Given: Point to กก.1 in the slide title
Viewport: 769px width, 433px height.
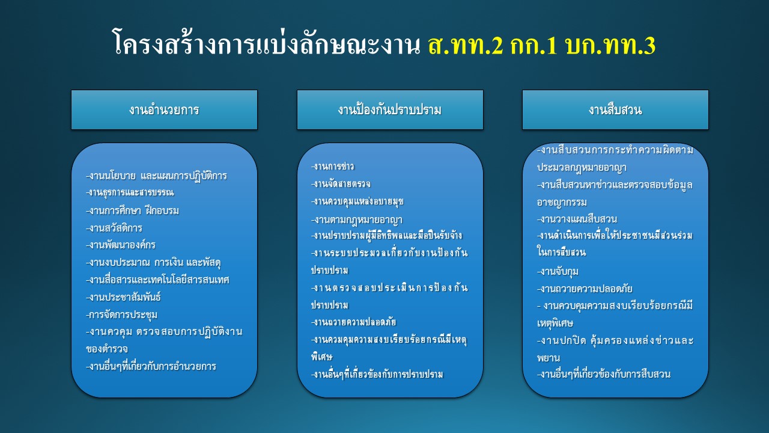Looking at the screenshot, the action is (x=533, y=46).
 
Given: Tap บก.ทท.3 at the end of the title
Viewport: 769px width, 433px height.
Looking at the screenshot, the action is (x=610, y=46).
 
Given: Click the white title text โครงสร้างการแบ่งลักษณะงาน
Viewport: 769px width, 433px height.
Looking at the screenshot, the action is (x=267, y=43).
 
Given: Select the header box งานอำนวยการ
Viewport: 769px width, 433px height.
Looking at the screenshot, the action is (x=164, y=109).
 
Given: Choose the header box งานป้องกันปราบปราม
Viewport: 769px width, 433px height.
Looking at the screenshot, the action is (x=390, y=109).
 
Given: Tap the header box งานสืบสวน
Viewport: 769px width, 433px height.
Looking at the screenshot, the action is (x=615, y=109).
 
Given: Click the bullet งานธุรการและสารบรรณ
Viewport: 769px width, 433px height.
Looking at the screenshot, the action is (x=130, y=192).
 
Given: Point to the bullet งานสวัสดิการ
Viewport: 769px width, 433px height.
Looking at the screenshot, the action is (x=114, y=228).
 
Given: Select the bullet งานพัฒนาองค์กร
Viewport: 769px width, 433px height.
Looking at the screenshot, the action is (x=121, y=245).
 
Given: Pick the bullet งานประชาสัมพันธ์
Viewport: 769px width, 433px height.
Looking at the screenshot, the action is (x=123, y=297).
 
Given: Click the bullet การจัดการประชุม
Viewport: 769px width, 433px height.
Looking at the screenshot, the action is (x=121, y=315).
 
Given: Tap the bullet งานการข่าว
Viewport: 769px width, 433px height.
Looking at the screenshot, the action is (x=333, y=167).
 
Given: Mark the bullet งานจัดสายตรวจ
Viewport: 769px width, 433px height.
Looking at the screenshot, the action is (x=341, y=184).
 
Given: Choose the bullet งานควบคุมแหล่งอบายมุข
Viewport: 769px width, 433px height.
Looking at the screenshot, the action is (x=357, y=201).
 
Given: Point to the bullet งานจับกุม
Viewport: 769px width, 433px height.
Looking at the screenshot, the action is (x=558, y=271).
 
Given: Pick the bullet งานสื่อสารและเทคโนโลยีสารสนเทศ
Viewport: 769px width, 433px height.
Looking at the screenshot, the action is (x=157, y=280).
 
